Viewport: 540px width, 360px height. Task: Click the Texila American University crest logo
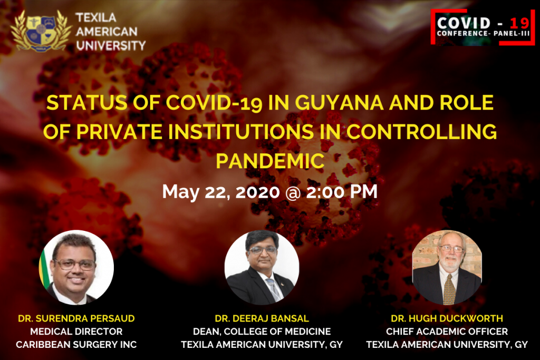pyautogui.click(x=41, y=31)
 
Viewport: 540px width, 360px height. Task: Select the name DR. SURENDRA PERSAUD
pyautogui.click(x=76, y=318)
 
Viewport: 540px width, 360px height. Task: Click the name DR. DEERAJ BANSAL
pyautogui.click(x=262, y=318)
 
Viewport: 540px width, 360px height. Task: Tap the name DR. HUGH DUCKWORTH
pyautogui.click(x=447, y=318)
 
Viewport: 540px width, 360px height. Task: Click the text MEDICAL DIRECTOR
pyautogui.click(x=76, y=332)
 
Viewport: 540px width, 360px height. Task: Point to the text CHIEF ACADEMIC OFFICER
pyautogui.click(x=447, y=332)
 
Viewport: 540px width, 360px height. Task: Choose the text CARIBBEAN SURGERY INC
pyautogui.click(x=76, y=345)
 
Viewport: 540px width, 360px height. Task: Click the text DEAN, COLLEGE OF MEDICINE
pyautogui.click(x=262, y=332)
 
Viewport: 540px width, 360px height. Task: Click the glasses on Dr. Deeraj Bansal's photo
pyautogui.click(x=263, y=250)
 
